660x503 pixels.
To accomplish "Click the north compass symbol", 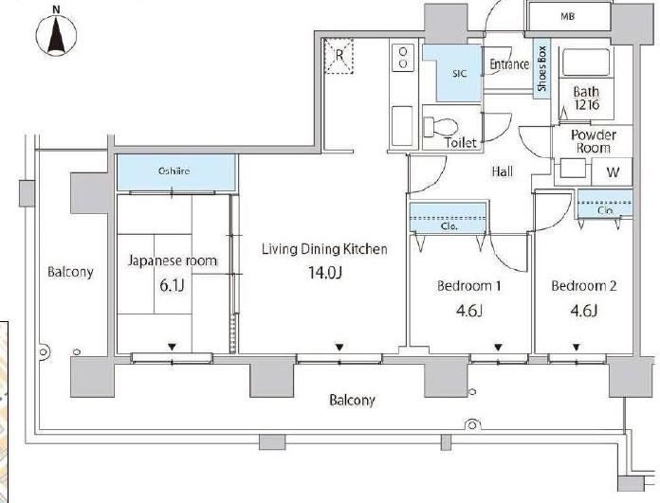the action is click(x=56, y=34).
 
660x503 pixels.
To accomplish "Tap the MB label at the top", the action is click(x=568, y=16).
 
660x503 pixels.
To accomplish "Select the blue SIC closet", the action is click(x=452, y=73).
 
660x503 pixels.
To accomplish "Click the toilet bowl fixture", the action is click(x=440, y=125).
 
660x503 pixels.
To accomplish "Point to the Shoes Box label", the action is click(x=541, y=68).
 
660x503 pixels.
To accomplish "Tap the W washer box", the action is click(x=613, y=171).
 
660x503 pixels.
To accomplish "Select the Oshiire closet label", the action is click(x=174, y=171).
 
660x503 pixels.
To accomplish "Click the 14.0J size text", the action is click(x=325, y=273).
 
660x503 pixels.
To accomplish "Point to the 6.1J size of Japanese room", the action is click(x=172, y=285).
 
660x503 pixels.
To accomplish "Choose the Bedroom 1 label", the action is click(x=468, y=286).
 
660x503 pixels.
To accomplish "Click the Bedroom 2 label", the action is click(x=584, y=286).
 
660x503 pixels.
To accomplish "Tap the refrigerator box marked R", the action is click(x=339, y=56).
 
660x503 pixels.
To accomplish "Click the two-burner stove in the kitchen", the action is click(x=403, y=58).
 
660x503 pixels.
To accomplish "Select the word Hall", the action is click(x=503, y=171).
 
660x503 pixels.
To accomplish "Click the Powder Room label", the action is click(x=594, y=141).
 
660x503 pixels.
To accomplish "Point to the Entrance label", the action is click(x=509, y=64).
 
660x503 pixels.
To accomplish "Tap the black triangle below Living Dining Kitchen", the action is click(x=339, y=348).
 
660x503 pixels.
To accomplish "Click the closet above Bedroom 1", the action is click(x=448, y=217).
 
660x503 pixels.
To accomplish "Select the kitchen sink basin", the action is click(x=402, y=126).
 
